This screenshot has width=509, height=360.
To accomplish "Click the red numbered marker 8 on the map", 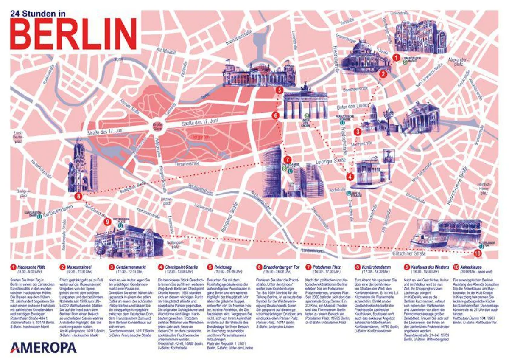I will click(x=78, y=196).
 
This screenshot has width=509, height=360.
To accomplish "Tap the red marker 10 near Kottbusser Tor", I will click(x=478, y=253).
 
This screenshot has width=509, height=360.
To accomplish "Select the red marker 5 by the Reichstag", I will click(x=279, y=90).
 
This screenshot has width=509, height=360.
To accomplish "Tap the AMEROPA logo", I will click(x=43, y=347).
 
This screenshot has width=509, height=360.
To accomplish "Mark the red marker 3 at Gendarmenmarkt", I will click(x=358, y=132).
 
